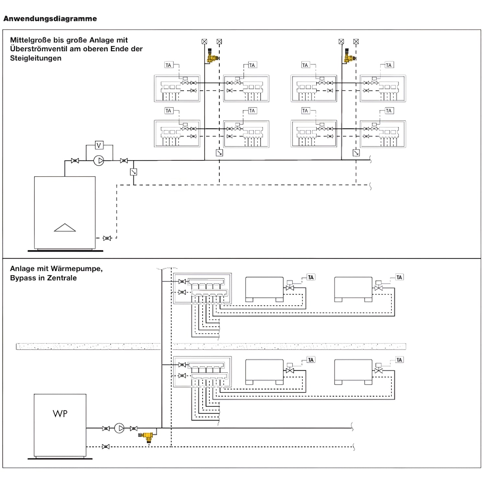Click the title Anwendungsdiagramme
tap(50, 19)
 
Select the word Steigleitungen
tap(36, 58)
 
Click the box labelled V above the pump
tap(99, 145)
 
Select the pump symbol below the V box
tap(99, 161)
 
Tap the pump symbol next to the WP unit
tap(120, 428)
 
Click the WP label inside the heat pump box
tap(60, 414)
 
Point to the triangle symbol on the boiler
tap(65, 228)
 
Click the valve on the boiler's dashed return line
tap(107, 238)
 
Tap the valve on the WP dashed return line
tap(105, 447)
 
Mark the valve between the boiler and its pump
tap(75, 161)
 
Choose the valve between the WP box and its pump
tap(106, 428)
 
